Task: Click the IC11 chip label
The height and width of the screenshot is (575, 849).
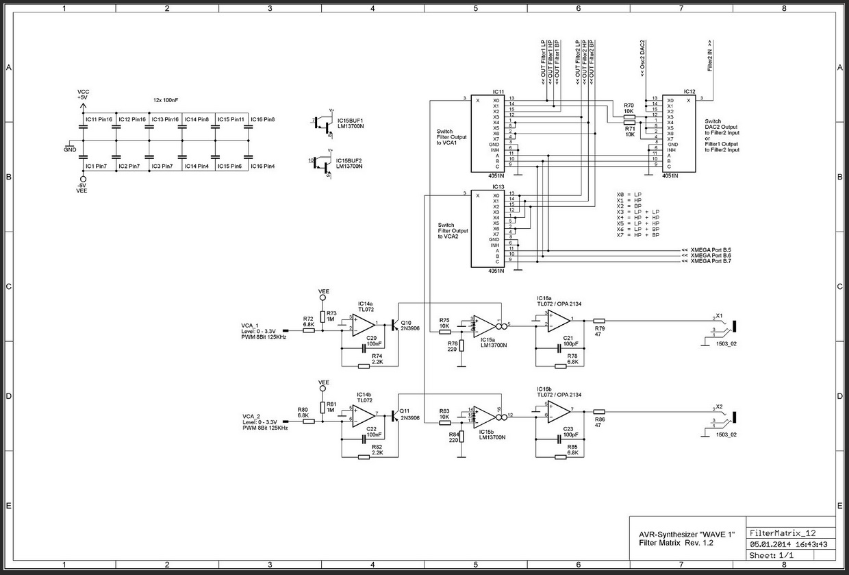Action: click(498, 91)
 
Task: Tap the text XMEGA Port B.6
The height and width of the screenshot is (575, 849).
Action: click(711, 256)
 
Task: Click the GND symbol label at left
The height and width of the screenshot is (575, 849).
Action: click(70, 149)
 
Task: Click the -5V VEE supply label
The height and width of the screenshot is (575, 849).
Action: click(83, 188)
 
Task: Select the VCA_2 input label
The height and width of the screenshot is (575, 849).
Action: click(251, 416)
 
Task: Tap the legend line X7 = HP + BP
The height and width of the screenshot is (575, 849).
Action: click(638, 235)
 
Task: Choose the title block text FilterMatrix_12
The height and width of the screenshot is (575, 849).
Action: click(783, 533)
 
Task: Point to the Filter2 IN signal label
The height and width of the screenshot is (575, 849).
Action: click(710, 55)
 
